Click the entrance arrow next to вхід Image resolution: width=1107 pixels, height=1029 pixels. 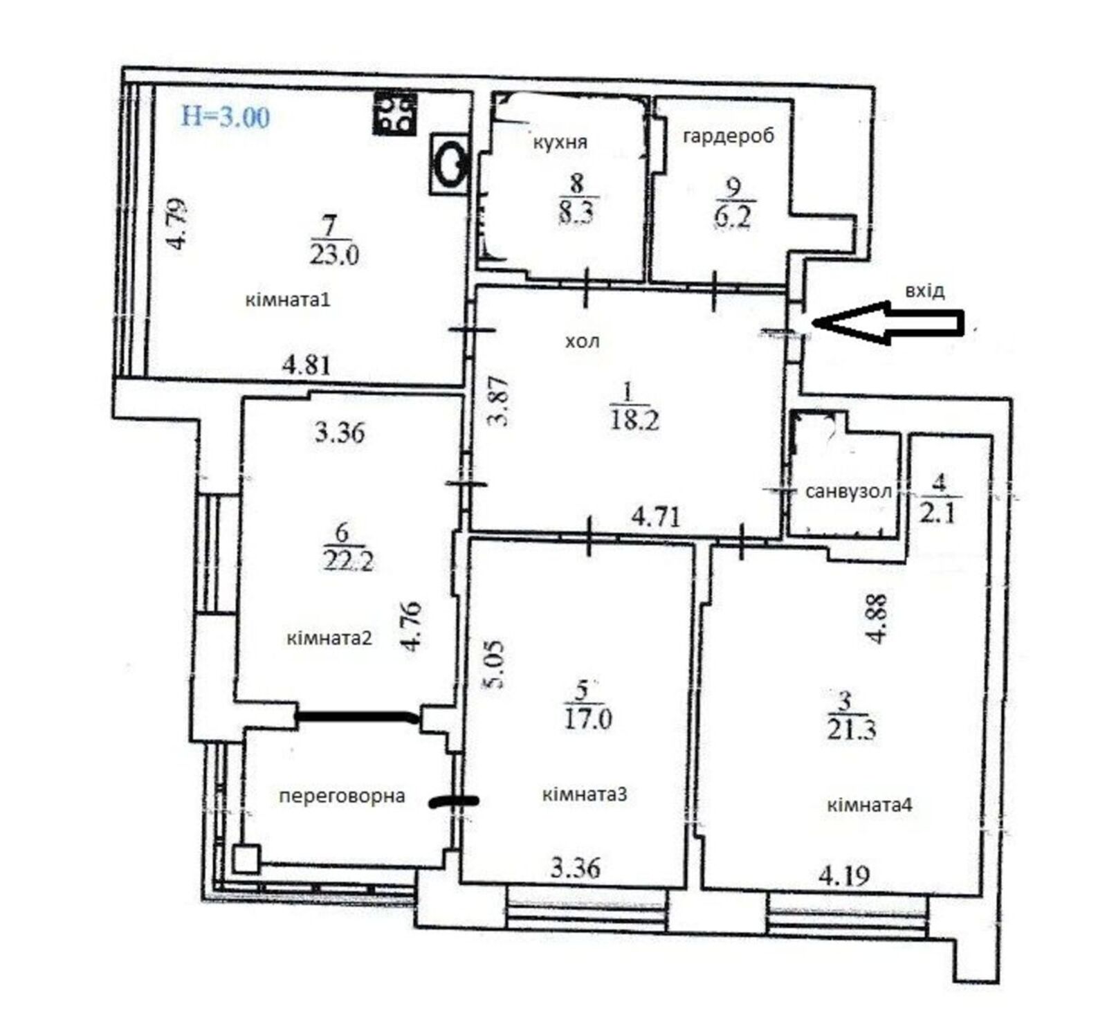pyautogui.click(x=888, y=322)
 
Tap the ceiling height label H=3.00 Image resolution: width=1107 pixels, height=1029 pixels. pyautogui.click(x=225, y=116)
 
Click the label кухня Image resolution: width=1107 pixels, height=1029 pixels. pyautogui.click(x=560, y=143)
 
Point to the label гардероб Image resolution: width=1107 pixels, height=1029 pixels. pyautogui.click(x=729, y=136)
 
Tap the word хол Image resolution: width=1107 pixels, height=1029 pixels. pyautogui.click(x=583, y=341)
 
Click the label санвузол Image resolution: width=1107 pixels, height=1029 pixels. pyautogui.click(x=848, y=492)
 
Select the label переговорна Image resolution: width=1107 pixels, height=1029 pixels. pyautogui.click(x=342, y=796)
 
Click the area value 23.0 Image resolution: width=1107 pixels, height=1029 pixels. pyautogui.click(x=333, y=256)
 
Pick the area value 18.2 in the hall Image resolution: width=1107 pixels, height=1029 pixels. pyautogui.click(x=634, y=420)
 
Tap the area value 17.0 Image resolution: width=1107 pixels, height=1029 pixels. pyautogui.click(x=587, y=719)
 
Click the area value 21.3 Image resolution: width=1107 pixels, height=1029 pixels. pyautogui.click(x=851, y=729)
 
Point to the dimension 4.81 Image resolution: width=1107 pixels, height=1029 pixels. pyautogui.click(x=307, y=365)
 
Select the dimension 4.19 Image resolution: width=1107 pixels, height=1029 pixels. pyautogui.click(x=843, y=877)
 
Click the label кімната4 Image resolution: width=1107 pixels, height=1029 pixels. pyautogui.click(x=870, y=805)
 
